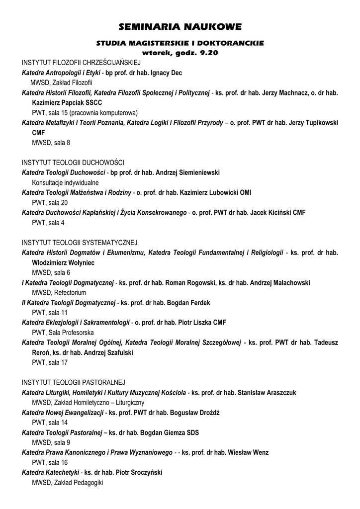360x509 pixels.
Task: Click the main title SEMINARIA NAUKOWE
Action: coord(180,26)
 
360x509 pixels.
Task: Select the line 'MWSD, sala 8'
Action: coord(51,143)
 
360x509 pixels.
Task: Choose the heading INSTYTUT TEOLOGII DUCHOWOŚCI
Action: coord(73,163)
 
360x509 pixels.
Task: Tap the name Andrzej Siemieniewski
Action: coord(187,172)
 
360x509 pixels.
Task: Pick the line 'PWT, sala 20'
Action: coord(50,202)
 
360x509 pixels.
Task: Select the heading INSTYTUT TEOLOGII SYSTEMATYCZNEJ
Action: coord(80,243)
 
